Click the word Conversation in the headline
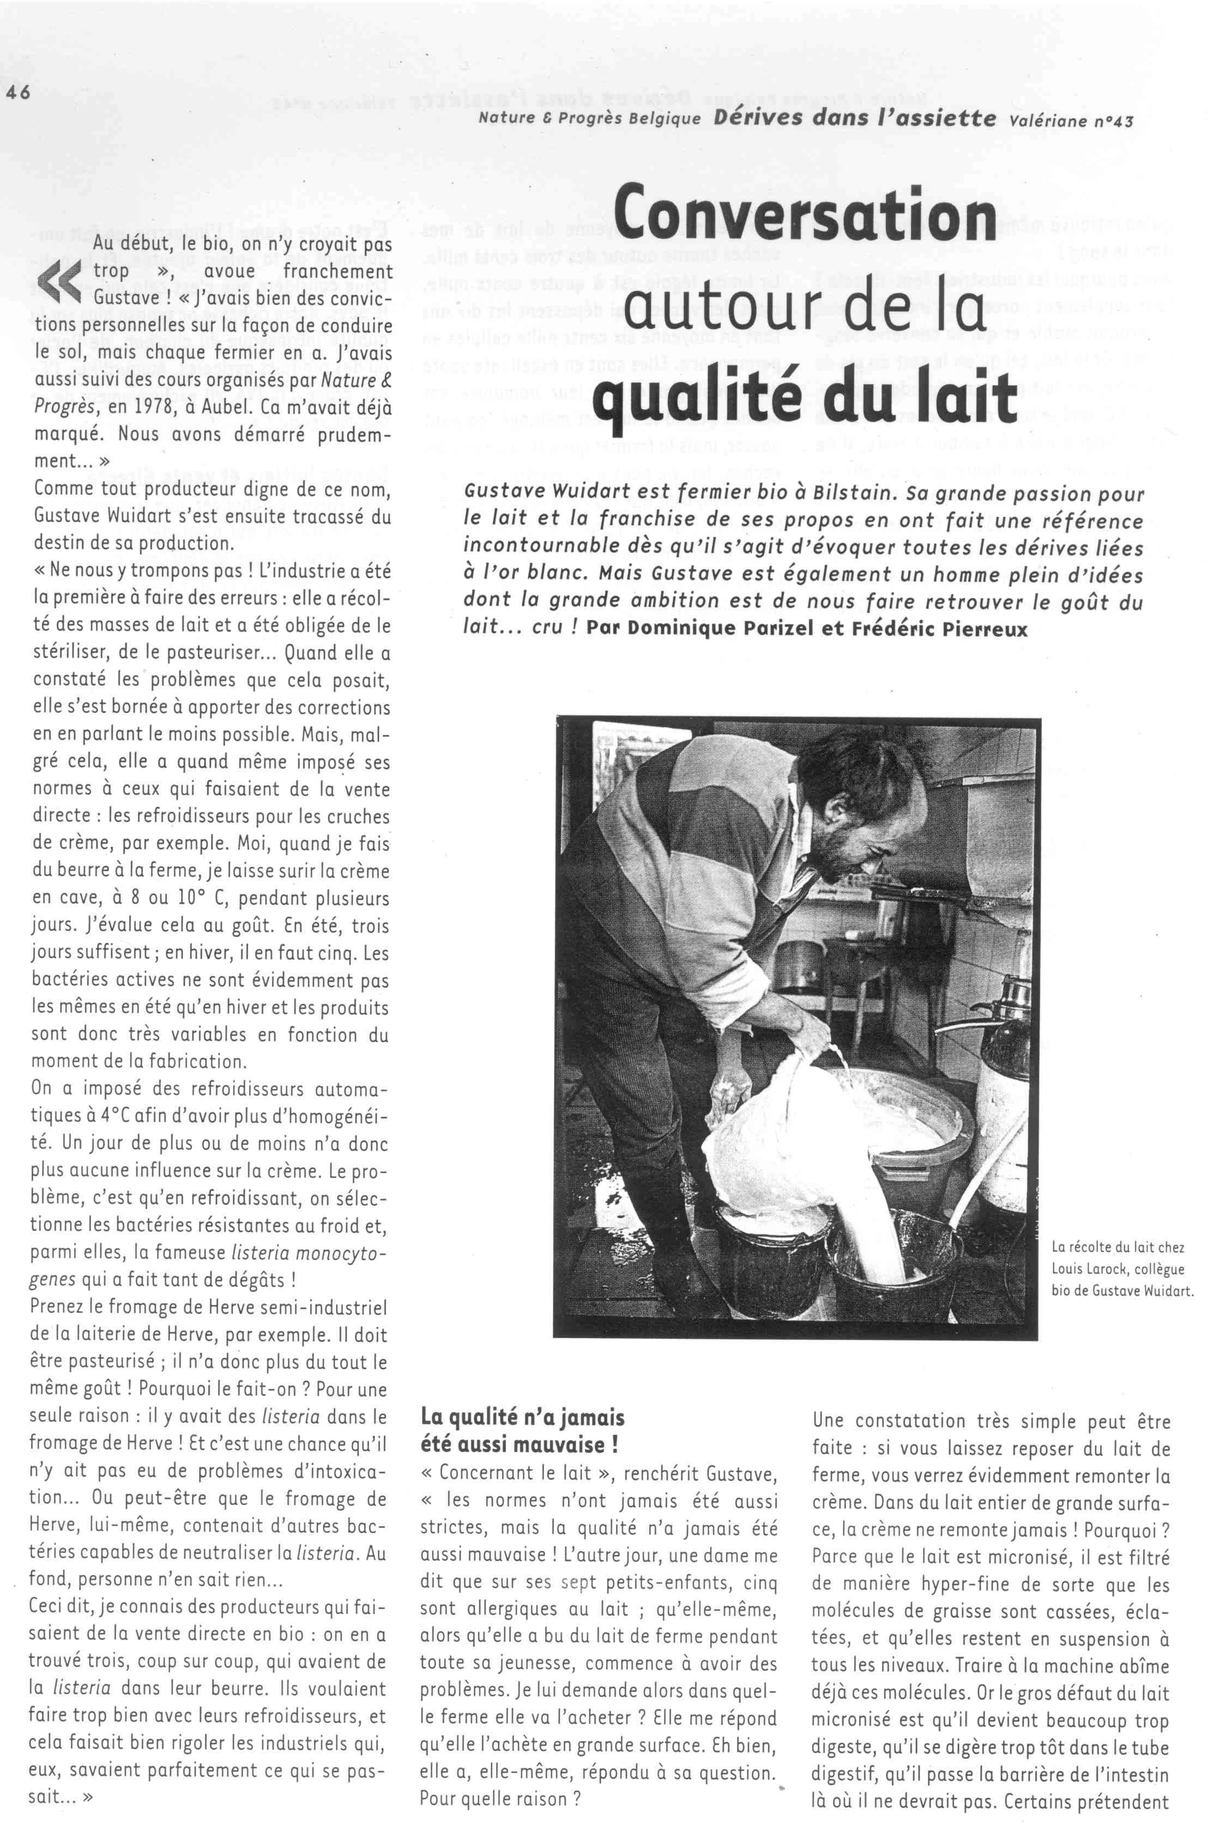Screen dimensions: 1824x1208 (805, 212)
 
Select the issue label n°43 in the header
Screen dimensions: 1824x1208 (1109, 120)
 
